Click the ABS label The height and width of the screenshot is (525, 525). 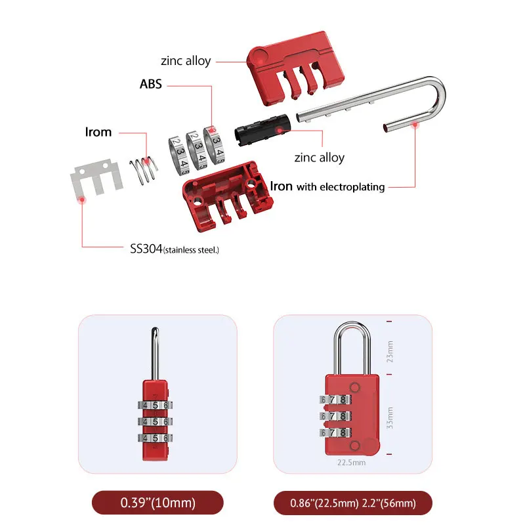tap(150, 85)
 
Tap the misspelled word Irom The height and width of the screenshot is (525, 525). tap(98, 132)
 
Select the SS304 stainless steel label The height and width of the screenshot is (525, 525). tap(174, 249)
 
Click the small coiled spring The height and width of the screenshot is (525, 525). tap(144, 170)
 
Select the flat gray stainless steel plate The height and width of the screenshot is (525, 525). tap(96, 181)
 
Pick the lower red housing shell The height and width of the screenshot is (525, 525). tap(226, 198)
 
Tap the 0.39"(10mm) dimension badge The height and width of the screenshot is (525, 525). tap(157, 503)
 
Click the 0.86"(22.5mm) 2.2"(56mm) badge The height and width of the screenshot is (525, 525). tap(352, 503)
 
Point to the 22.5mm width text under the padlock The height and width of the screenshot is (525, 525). tap(351, 462)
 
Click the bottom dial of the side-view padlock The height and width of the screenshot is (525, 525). tap(155, 438)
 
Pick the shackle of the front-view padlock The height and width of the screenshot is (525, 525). tap(353, 348)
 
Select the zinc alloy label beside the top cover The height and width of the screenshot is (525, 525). tap(186, 60)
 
